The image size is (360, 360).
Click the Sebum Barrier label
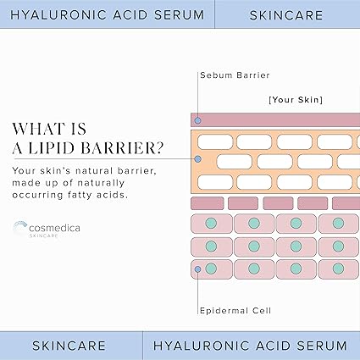235,75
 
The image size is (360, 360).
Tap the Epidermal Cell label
235,311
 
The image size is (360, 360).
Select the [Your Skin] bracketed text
296,100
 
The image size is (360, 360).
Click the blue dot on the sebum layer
198,120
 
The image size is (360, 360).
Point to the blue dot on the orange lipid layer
198,159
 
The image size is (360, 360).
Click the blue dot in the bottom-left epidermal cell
198,269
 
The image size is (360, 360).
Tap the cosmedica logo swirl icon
19,228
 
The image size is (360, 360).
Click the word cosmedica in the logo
54,228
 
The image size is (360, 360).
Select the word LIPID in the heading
52,148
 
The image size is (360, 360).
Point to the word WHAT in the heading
35,129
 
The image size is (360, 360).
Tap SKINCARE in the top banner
286,15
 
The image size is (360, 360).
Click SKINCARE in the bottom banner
69,346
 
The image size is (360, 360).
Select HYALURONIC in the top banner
58,15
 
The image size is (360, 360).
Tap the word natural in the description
94,170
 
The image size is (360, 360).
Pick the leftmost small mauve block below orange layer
208,203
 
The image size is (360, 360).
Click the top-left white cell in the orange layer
215,141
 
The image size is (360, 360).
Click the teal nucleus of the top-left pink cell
211,223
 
